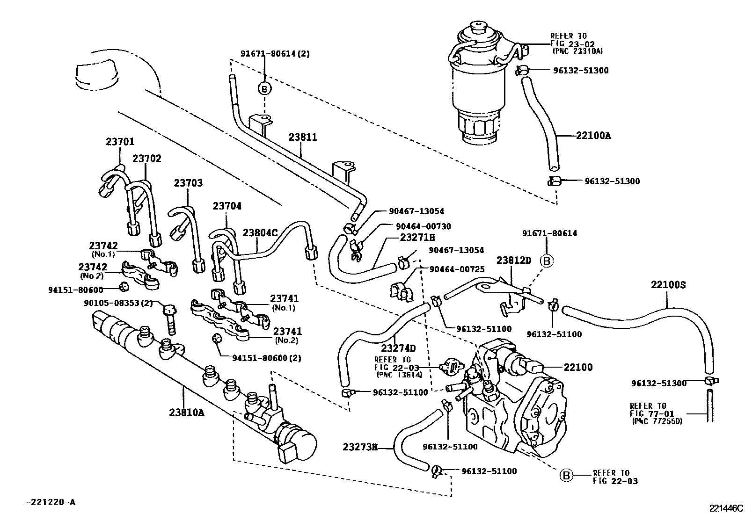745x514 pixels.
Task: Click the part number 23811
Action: click(302, 137)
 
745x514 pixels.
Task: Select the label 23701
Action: click(120, 142)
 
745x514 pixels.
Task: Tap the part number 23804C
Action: click(260, 232)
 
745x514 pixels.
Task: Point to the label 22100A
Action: click(593, 136)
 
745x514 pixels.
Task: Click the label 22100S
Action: click(668, 284)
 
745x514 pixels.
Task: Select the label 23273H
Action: click(359, 447)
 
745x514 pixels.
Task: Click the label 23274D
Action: click(398, 348)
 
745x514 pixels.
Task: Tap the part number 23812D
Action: click(514, 260)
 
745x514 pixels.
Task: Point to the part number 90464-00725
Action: click(456, 269)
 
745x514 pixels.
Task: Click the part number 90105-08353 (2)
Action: click(118, 303)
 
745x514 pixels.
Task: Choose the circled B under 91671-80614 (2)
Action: click(264, 88)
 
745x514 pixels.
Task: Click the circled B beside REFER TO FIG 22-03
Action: click(566, 476)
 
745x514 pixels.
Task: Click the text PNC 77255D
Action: click(657, 421)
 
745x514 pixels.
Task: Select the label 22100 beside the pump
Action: click(578, 367)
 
